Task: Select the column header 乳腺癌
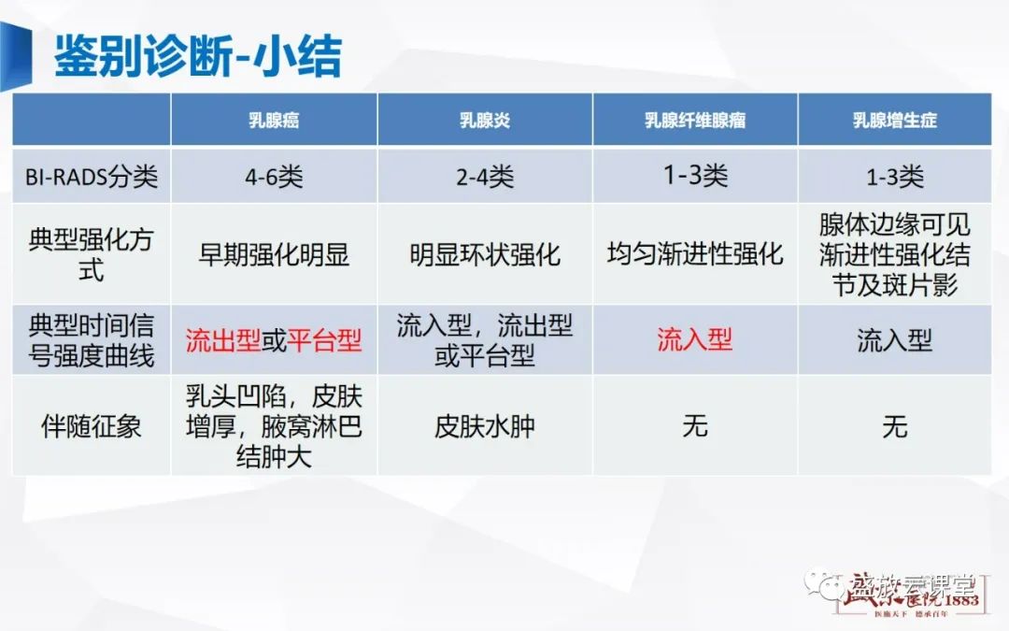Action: click(x=275, y=121)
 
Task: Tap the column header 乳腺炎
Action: click(x=485, y=121)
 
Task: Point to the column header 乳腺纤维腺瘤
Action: click(x=695, y=121)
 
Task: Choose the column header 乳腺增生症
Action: click(x=894, y=121)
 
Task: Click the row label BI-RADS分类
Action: click(x=91, y=176)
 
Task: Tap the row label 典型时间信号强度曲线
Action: click(x=91, y=339)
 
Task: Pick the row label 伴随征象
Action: click(x=91, y=427)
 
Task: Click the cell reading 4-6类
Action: click(x=275, y=176)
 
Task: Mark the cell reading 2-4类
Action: click(x=485, y=176)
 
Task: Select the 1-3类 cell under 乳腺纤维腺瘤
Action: click(x=695, y=174)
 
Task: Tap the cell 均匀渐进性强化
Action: click(x=695, y=254)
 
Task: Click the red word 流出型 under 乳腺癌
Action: click(x=223, y=339)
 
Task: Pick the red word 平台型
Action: click(x=324, y=339)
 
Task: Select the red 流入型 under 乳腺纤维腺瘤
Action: click(x=695, y=339)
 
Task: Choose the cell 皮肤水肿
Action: click(x=485, y=427)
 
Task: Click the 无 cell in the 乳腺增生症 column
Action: click(x=894, y=427)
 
